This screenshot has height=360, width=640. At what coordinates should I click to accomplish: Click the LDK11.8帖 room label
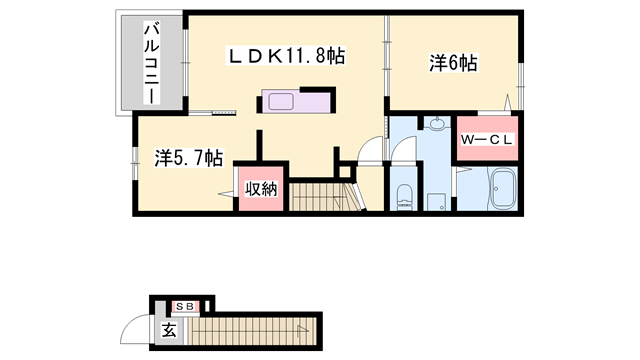pyautogui.click(x=286, y=56)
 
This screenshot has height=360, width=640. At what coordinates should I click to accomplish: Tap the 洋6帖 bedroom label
pyautogui.click(x=453, y=63)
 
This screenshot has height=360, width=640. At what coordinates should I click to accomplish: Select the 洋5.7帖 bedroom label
pyautogui.click(x=189, y=158)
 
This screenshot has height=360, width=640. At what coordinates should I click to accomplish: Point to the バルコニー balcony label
pyautogui.click(x=151, y=64)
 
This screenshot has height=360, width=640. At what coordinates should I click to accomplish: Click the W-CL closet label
pyautogui.click(x=487, y=140)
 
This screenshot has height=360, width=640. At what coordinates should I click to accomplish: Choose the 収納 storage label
pyautogui.click(x=261, y=189)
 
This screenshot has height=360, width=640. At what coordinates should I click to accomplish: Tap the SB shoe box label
pyautogui.click(x=185, y=306)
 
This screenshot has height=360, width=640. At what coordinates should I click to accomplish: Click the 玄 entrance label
pyautogui.click(x=169, y=330)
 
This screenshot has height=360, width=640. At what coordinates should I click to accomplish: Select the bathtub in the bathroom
pyautogui.click(x=504, y=189)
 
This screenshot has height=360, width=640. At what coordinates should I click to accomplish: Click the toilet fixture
pyautogui.click(x=404, y=196)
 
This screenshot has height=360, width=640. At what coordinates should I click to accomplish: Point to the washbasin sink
pyautogui.click(x=437, y=123)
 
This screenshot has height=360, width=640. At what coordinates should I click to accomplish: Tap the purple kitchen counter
pyautogui.click(x=296, y=101)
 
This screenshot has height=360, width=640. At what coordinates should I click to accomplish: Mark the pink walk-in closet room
pyautogui.click(x=487, y=138)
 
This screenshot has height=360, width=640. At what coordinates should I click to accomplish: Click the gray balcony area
pyautogui.click(x=151, y=63)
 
